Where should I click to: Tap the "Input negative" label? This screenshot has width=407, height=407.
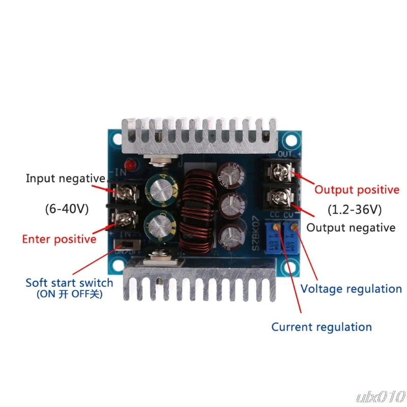coord(66,179)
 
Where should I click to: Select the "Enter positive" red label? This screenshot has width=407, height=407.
coord(59,239)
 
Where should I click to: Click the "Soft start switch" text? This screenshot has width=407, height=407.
coord(69,282)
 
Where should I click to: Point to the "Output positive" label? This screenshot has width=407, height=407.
coord(357,190)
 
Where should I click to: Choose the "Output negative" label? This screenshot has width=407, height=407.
coord(351,227)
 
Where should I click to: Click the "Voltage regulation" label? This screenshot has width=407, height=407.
coord(351,288)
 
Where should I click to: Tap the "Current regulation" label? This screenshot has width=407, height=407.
coord(322,327)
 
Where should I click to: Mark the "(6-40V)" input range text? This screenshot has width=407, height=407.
coord(65,209)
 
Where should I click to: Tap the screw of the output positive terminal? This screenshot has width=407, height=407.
coord(279,172)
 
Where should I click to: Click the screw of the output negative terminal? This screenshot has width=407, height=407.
coord(279,196)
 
